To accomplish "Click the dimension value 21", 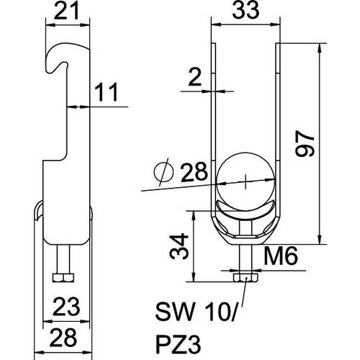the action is point(66,12).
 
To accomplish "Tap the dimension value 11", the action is point(107,92).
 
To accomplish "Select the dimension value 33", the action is point(246,10).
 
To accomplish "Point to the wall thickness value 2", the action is point(194,77).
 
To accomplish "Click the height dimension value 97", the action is point(305,143).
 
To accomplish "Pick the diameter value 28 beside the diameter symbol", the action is point(194,171).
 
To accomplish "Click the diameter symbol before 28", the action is point(163,172).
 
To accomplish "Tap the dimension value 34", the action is point(179,246).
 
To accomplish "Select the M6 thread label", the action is point(281,256).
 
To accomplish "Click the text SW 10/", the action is point(197,312).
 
